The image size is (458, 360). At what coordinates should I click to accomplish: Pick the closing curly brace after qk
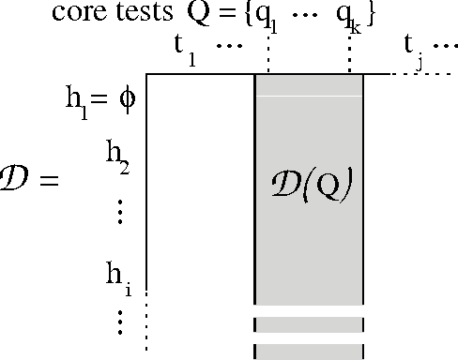(371, 17)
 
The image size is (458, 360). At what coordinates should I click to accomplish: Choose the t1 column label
(185, 52)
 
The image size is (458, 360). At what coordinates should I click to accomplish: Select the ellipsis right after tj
(443, 46)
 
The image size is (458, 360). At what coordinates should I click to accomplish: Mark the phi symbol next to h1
(129, 101)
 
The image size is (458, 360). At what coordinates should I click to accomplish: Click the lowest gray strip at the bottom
(309, 352)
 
